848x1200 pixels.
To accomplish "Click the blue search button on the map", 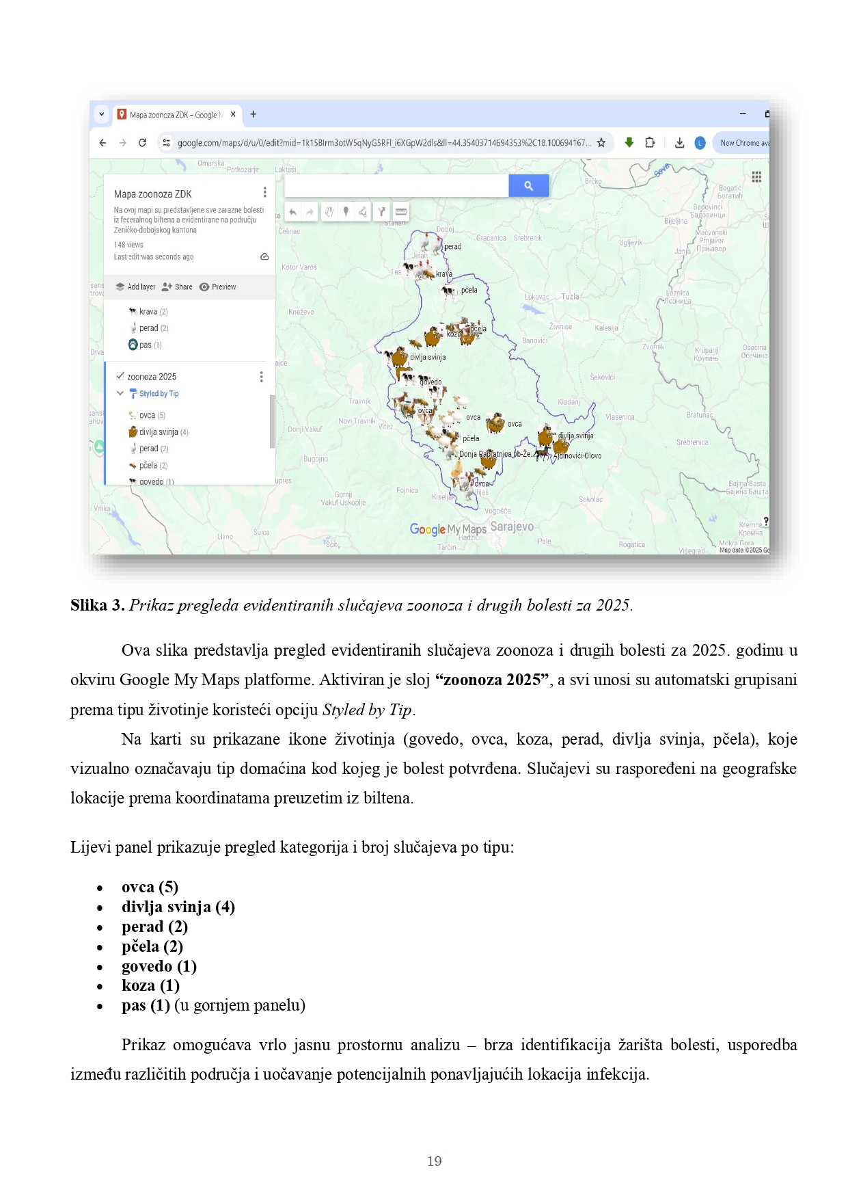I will (x=528, y=185).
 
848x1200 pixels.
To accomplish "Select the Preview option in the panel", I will (x=218, y=287).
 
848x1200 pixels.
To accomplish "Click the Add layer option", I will (x=135, y=287).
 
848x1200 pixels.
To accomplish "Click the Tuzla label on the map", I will (x=570, y=297).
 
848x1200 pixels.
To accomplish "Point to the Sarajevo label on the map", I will (x=512, y=526).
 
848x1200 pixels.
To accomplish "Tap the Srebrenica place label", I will (x=692, y=442).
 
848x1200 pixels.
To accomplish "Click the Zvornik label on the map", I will (x=653, y=347).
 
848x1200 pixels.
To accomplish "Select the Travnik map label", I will (x=359, y=401).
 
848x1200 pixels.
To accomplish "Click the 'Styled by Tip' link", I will (x=159, y=394).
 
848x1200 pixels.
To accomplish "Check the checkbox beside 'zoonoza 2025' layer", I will (x=120, y=376).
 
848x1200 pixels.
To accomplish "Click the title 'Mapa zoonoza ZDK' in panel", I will (x=153, y=194).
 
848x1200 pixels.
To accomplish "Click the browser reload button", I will (x=142, y=143).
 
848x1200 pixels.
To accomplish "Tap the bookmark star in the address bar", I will (x=601, y=143).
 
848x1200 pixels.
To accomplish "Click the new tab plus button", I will (x=254, y=114).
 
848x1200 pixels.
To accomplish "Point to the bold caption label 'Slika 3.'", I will (x=97, y=605).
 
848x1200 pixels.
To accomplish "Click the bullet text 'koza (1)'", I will (x=150, y=985).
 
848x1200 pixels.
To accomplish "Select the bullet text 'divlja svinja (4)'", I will (x=178, y=907).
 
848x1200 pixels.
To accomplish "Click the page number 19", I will (x=434, y=1161).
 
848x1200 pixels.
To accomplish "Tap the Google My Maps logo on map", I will (x=448, y=529).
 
